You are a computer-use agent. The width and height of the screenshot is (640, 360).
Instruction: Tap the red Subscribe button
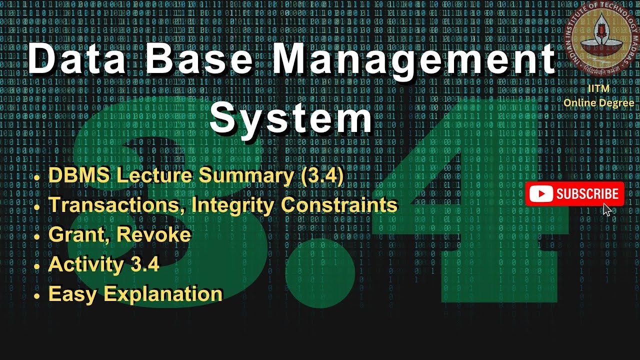point(574,194)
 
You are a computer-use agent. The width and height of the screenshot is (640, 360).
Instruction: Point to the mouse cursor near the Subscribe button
point(607,209)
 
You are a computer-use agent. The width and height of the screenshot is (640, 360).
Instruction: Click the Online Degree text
point(598,103)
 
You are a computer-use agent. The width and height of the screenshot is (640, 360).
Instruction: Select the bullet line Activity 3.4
point(103,264)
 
